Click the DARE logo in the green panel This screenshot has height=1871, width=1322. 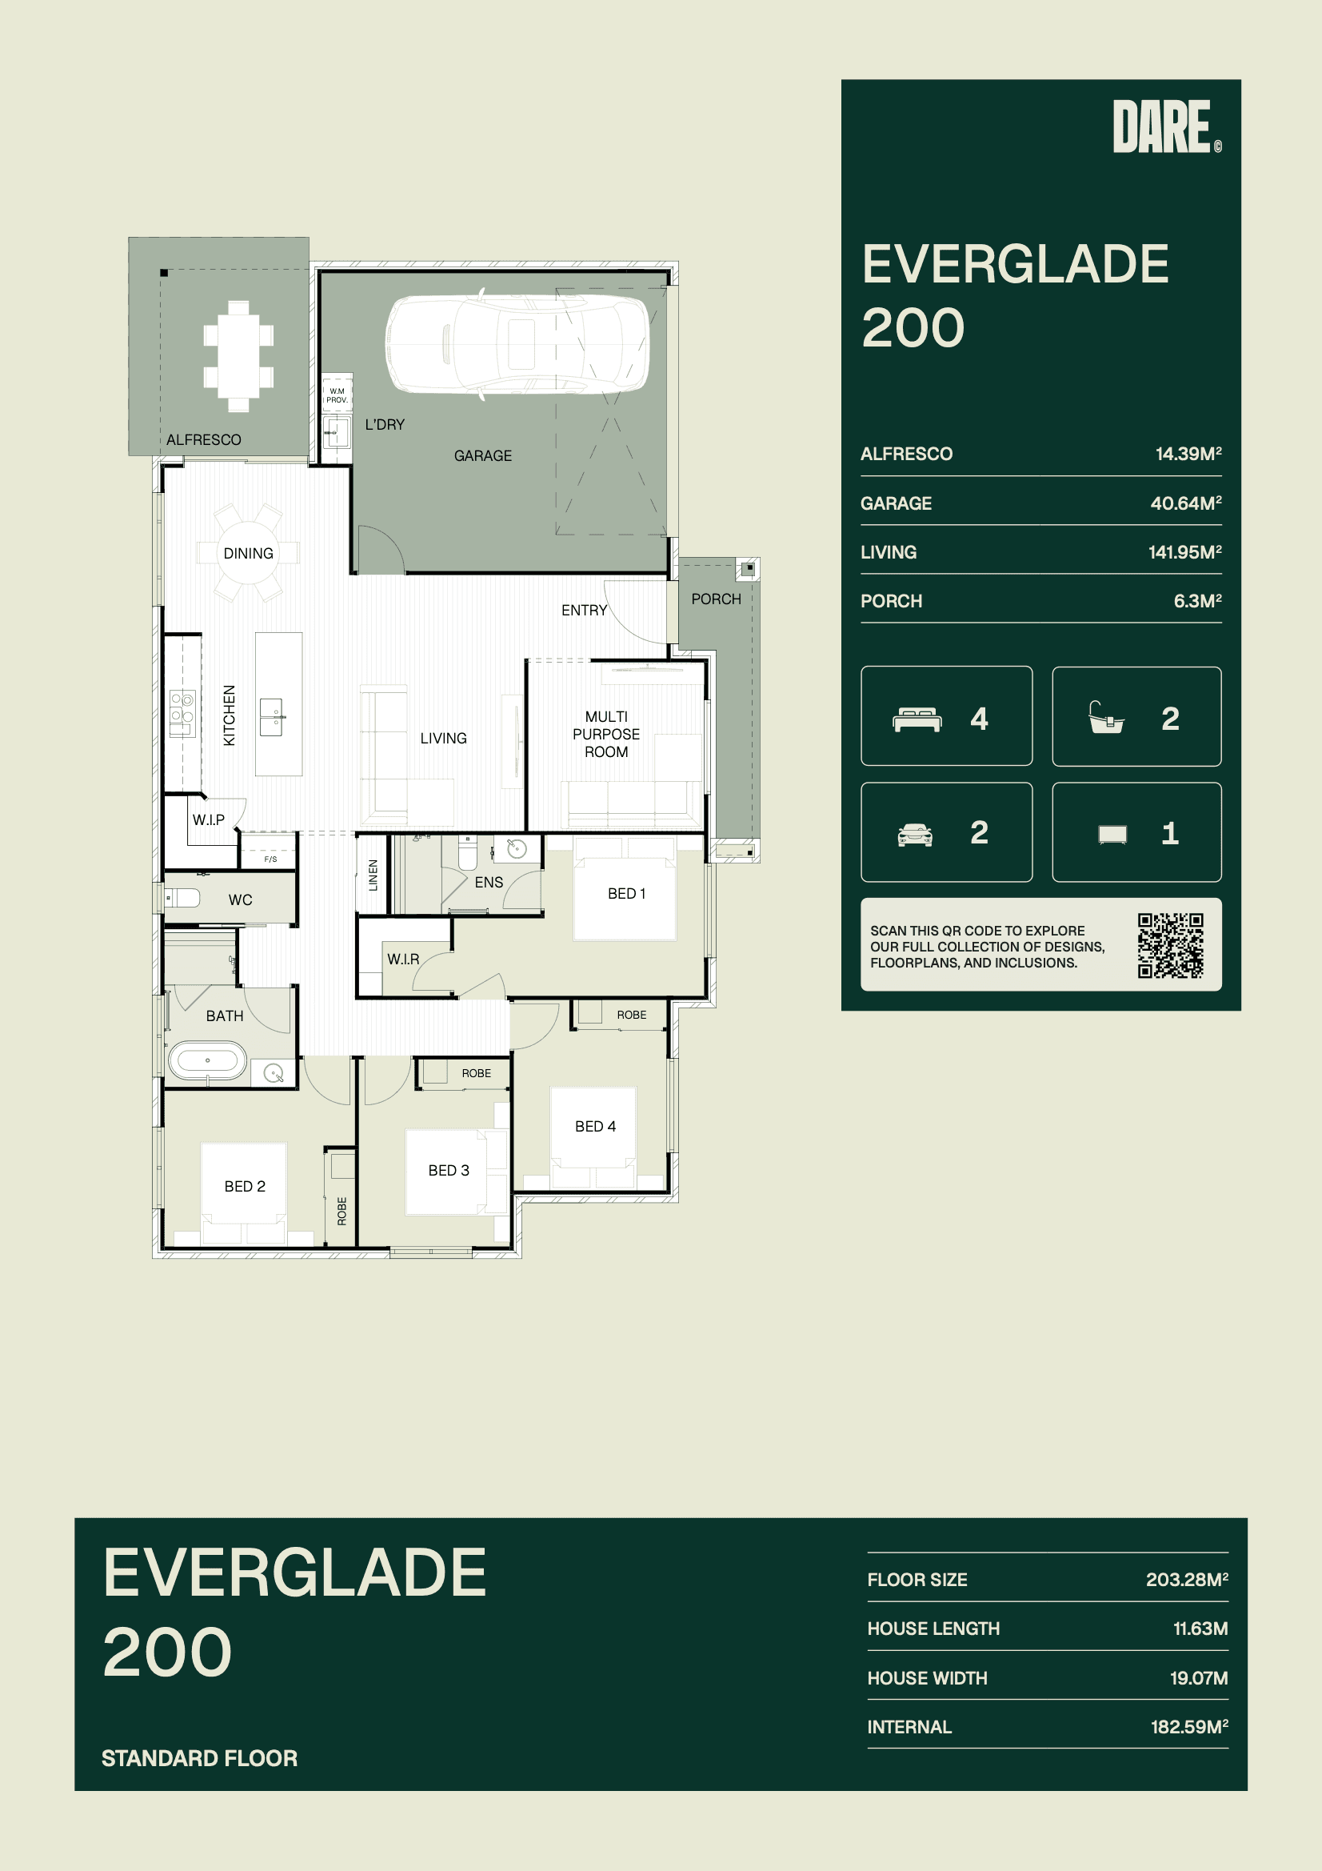click(1166, 126)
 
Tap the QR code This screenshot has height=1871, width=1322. click(1171, 945)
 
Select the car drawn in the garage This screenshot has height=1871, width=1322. click(517, 345)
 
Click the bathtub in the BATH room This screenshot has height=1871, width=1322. click(208, 1060)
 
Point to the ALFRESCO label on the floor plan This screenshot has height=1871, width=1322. click(204, 440)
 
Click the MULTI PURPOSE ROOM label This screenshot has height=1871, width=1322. click(606, 734)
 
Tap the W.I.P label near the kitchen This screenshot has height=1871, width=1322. click(209, 819)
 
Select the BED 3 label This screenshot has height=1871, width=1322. click(449, 1170)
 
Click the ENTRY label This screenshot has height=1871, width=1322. click(584, 611)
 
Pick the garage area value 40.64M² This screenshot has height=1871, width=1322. click(1186, 503)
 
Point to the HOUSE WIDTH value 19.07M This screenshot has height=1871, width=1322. click(1199, 1678)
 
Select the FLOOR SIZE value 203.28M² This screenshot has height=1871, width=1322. click(1187, 1579)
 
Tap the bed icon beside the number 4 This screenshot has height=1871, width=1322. click(918, 719)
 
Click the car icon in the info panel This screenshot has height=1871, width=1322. click(915, 835)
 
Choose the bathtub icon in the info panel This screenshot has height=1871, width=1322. click(1106, 718)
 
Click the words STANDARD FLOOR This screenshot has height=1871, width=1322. click(200, 1758)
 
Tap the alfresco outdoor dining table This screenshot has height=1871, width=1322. click(238, 356)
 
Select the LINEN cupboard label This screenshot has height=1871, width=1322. click(373, 875)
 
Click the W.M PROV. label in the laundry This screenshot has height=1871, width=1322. click(337, 395)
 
